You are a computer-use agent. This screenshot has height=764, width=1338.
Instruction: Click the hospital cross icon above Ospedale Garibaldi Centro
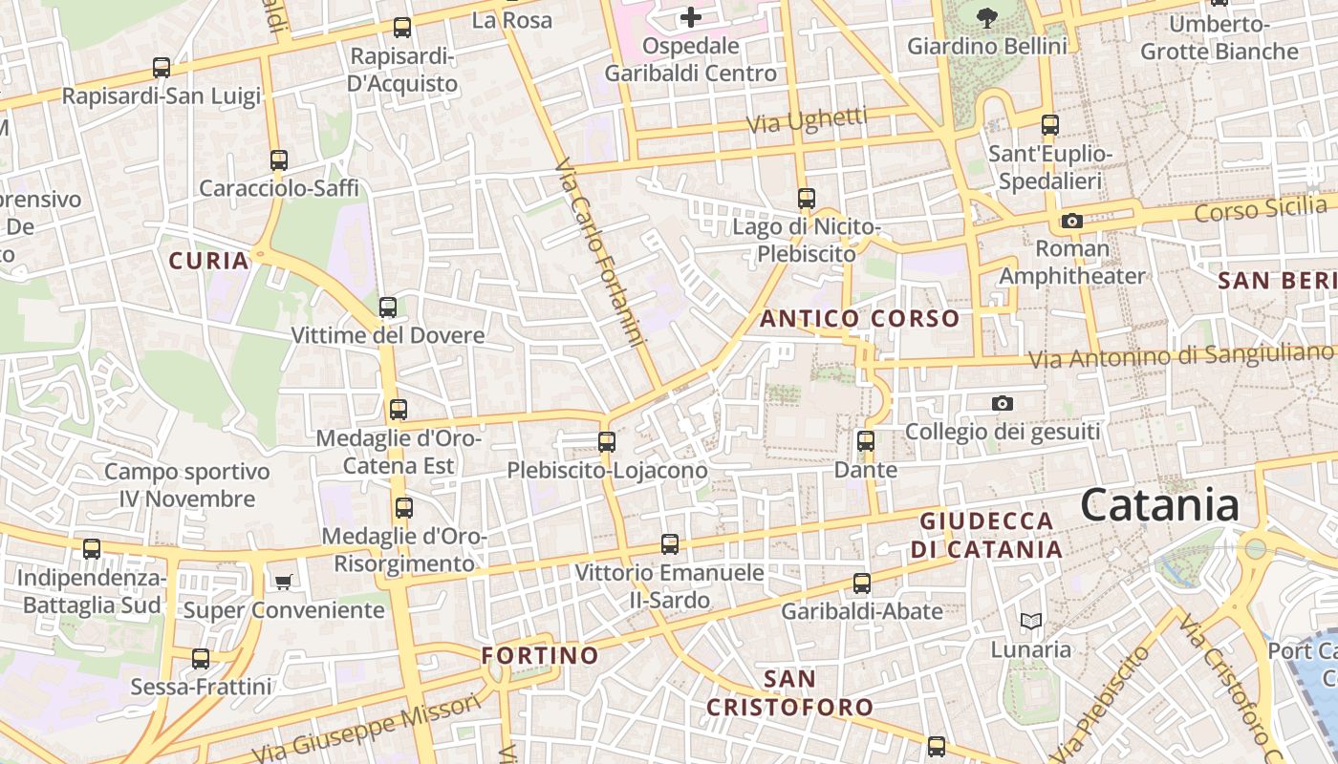(690, 17)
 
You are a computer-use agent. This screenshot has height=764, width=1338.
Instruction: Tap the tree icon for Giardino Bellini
(987, 16)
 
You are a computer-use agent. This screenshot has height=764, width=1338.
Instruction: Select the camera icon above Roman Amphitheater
(1071, 222)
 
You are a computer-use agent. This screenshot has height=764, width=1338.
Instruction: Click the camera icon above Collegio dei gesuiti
(1002, 403)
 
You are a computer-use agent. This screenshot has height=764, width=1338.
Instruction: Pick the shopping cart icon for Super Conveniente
(283, 581)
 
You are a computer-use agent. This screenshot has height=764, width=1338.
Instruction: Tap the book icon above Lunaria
(1030, 622)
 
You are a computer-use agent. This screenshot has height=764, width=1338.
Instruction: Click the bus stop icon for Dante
(866, 441)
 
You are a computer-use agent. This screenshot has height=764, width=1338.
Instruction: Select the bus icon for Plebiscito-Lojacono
(607, 441)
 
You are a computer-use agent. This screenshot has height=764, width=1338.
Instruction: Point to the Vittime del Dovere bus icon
(387, 308)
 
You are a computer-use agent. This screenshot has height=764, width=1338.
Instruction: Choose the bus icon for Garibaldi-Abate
(862, 583)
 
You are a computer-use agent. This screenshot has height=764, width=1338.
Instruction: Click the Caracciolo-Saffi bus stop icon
(278, 159)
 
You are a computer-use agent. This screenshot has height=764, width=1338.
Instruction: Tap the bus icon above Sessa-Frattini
(201, 658)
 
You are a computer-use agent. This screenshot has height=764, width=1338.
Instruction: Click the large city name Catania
(1159, 505)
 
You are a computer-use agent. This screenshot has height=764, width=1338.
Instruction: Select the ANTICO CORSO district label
(859, 319)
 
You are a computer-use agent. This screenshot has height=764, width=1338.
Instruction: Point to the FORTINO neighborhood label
(540, 656)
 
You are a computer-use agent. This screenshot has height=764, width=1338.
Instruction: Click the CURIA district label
(208, 260)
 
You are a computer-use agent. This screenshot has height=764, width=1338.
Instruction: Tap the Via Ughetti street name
(807, 120)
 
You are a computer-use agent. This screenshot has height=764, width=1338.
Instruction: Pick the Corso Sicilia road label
(1260, 208)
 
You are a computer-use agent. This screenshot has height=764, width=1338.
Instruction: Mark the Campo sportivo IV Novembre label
(187, 485)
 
